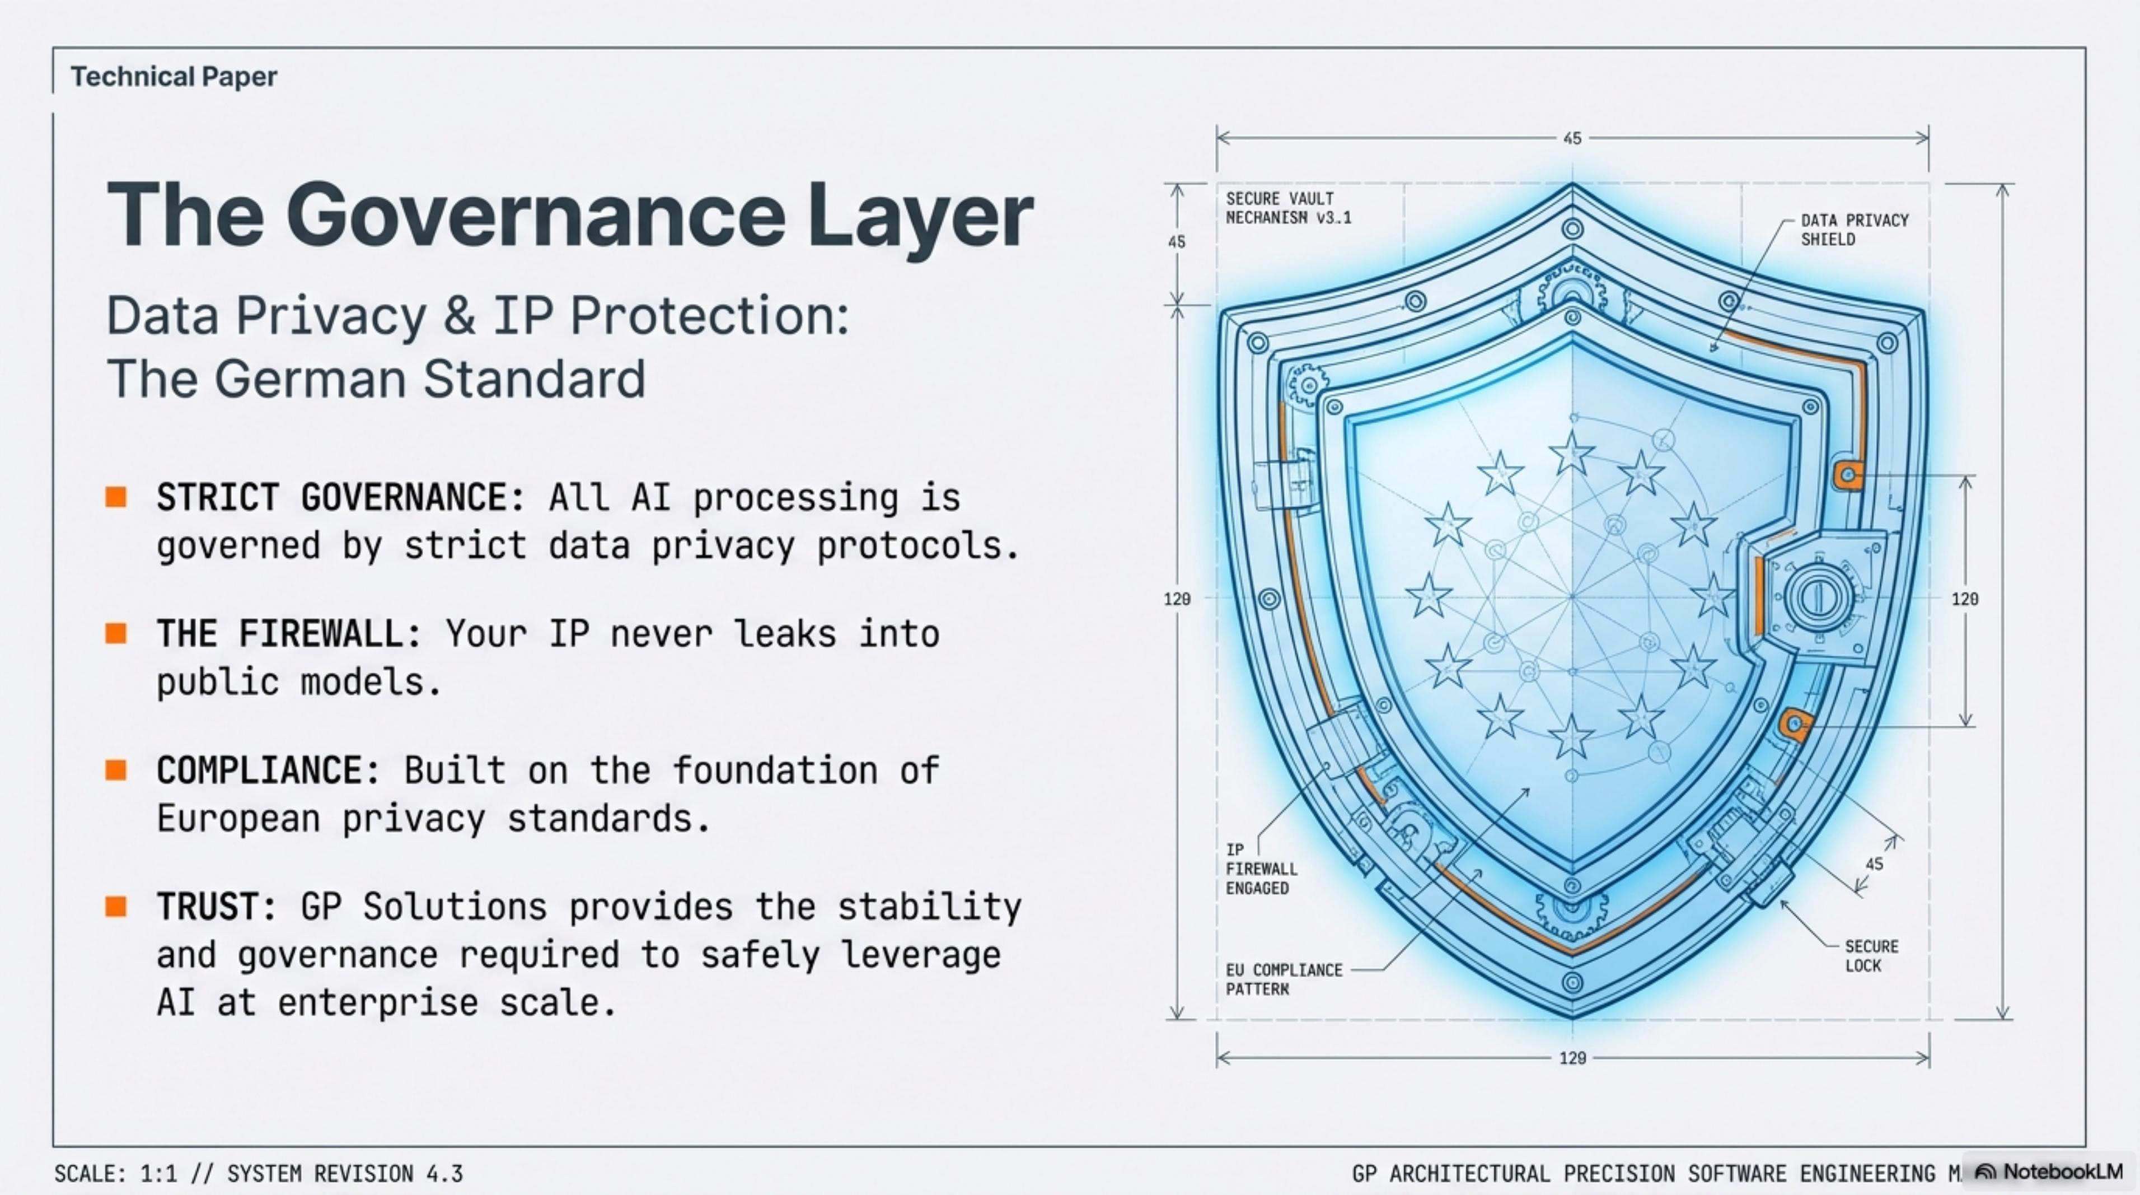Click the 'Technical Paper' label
pyautogui.click(x=174, y=77)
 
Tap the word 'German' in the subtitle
pyautogui.click(x=312, y=379)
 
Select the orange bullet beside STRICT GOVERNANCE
pyautogui.click(x=116, y=497)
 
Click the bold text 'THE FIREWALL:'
pyautogui.click(x=289, y=634)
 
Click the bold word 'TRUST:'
pyautogui.click(x=217, y=907)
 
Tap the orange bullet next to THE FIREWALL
pyautogui.click(x=116, y=634)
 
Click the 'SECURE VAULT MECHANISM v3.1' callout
pyautogui.click(x=1289, y=208)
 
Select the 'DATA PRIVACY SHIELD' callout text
pyautogui.click(x=1854, y=230)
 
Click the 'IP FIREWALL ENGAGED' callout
pyautogui.click(x=1261, y=869)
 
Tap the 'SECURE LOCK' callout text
pyautogui.click(x=1872, y=956)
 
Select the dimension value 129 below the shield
pyautogui.click(x=1572, y=1058)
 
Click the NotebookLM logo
pyautogui.click(x=2049, y=1171)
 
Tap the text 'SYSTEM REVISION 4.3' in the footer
pyautogui.click(x=345, y=1173)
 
